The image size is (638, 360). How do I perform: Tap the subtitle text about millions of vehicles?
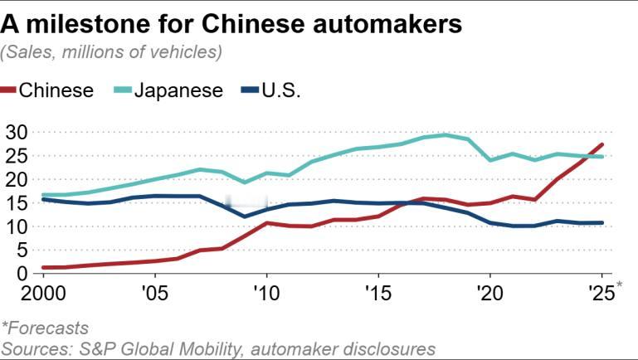tap(112, 52)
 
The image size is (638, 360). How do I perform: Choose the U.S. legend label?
tap(280, 90)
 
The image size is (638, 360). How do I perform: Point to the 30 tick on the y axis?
tap(17, 132)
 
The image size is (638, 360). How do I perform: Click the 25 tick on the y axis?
tap(17, 155)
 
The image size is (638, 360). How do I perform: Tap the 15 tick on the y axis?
tap(17, 202)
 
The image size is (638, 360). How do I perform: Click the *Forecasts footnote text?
tap(45, 328)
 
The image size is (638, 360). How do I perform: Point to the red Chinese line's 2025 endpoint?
tap(601, 144)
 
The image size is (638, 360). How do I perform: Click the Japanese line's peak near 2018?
tap(446, 134)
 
